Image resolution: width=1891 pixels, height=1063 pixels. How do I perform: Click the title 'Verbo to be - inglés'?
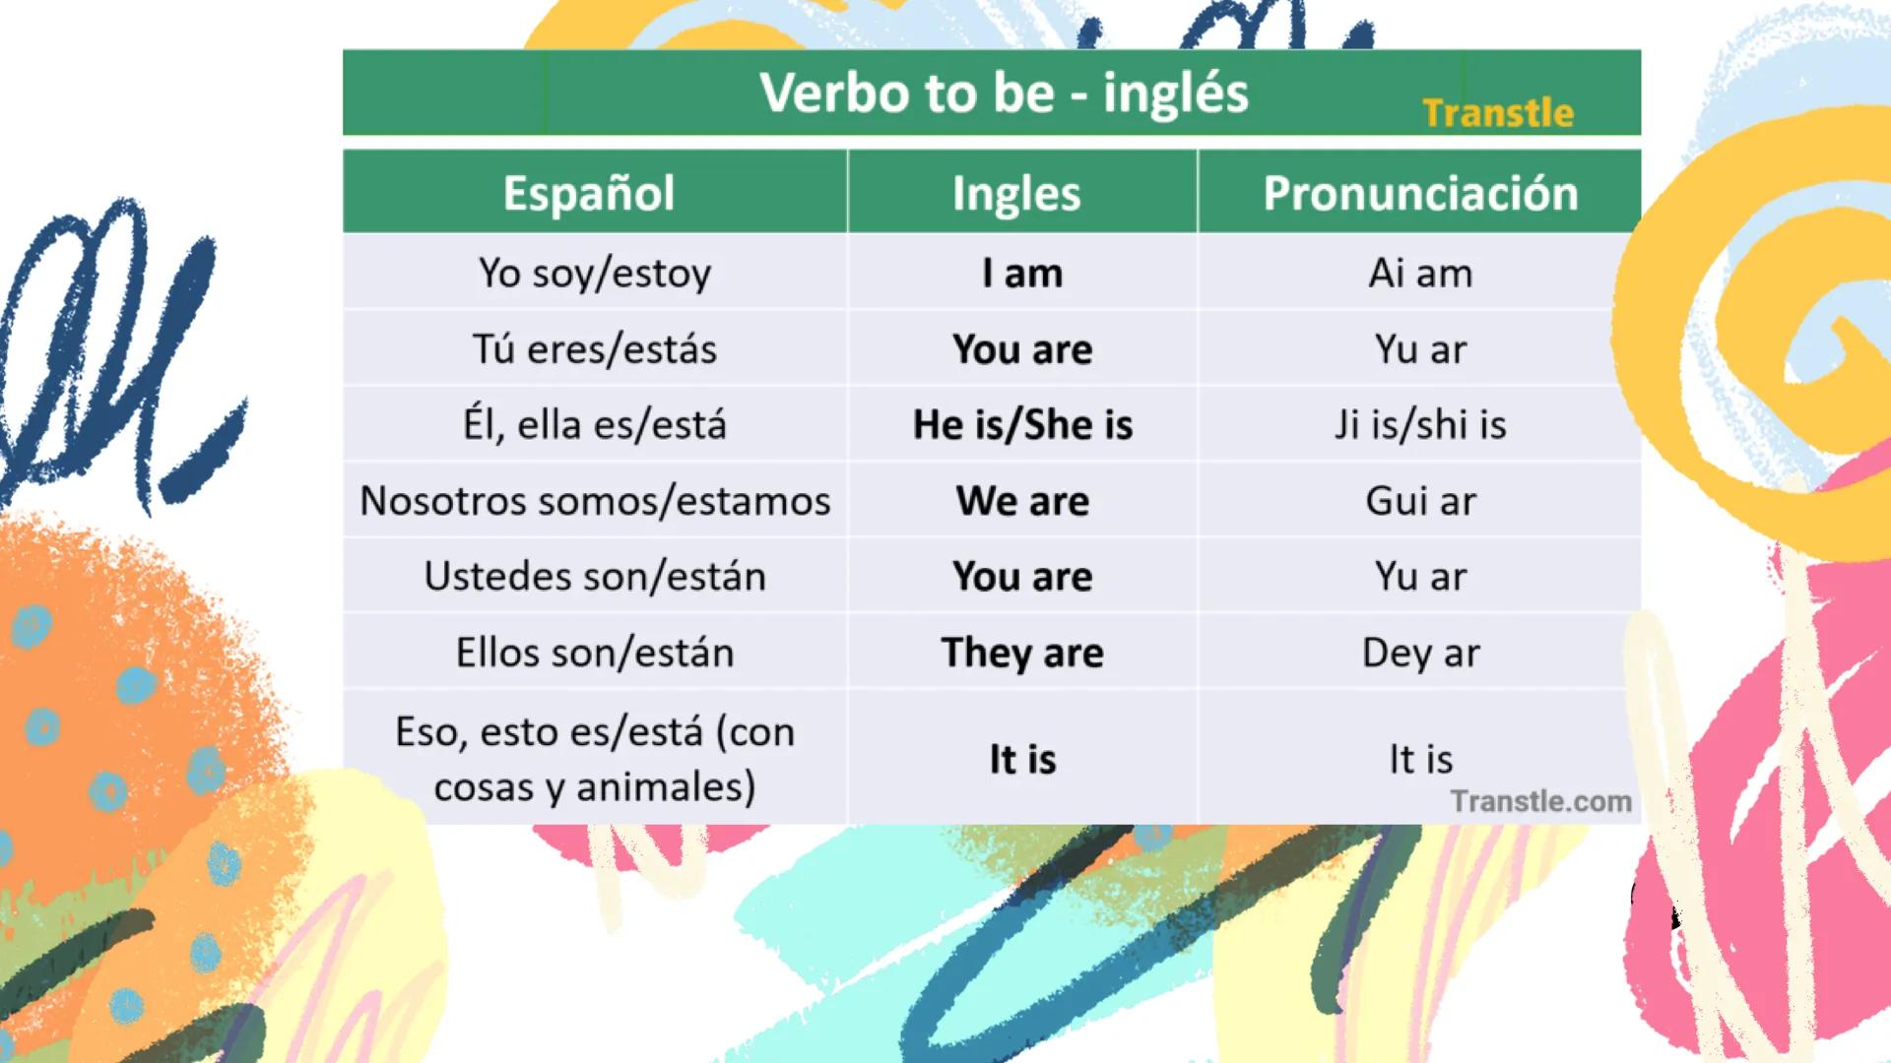click(1003, 94)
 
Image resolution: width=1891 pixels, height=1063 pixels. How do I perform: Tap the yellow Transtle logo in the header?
click(1498, 113)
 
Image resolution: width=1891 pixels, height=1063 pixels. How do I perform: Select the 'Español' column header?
click(589, 193)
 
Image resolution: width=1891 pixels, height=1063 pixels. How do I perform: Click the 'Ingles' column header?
click(1016, 194)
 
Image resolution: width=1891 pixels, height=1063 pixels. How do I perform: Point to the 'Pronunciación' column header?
click(1420, 193)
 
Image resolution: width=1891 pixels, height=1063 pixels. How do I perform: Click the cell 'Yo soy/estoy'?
click(595, 273)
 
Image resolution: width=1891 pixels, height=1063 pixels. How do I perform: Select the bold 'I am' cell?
click(1022, 273)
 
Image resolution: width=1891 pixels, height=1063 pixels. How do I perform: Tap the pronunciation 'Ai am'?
click(1420, 273)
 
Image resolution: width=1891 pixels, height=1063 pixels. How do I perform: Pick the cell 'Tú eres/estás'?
click(595, 349)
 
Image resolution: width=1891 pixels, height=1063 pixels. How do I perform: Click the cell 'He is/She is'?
click(1022, 425)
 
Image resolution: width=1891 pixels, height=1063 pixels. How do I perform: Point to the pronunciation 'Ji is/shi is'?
click(1420, 425)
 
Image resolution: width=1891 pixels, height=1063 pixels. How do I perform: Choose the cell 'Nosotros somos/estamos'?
click(595, 501)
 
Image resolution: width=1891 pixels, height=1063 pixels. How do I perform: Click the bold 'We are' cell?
click(1022, 501)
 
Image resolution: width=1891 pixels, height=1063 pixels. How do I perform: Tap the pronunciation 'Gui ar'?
click(1420, 501)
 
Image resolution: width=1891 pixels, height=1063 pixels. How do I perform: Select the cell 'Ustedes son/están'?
click(595, 577)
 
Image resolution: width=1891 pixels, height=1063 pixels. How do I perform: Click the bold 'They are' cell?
click(1022, 653)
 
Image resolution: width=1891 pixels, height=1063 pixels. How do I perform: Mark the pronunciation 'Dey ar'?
click(1420, 653)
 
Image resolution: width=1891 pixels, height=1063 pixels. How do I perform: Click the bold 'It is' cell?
click(1022, 759)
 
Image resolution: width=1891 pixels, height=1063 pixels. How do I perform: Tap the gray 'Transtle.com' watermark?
click(1540, 801)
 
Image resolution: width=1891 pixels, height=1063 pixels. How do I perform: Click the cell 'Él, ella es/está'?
click(595, 425)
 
